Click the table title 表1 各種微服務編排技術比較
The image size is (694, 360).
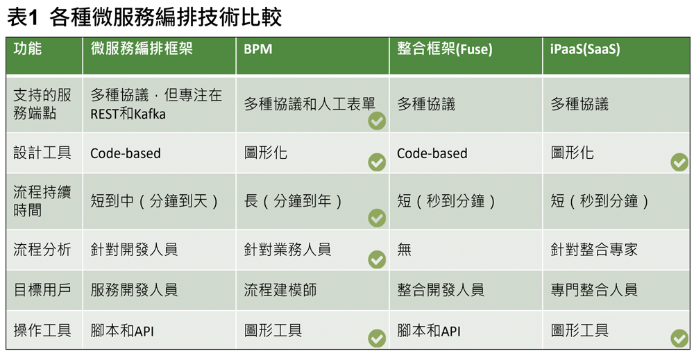click(144, 18)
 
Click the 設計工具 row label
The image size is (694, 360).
click(42, 153)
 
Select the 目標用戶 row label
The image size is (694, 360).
click(42, 290)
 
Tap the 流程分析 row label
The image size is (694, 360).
click(42, 250)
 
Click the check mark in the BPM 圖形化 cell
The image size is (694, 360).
click(377, 162)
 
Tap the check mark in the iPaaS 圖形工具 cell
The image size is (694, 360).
click(679, 338)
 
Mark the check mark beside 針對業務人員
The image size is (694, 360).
click(377, 259)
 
